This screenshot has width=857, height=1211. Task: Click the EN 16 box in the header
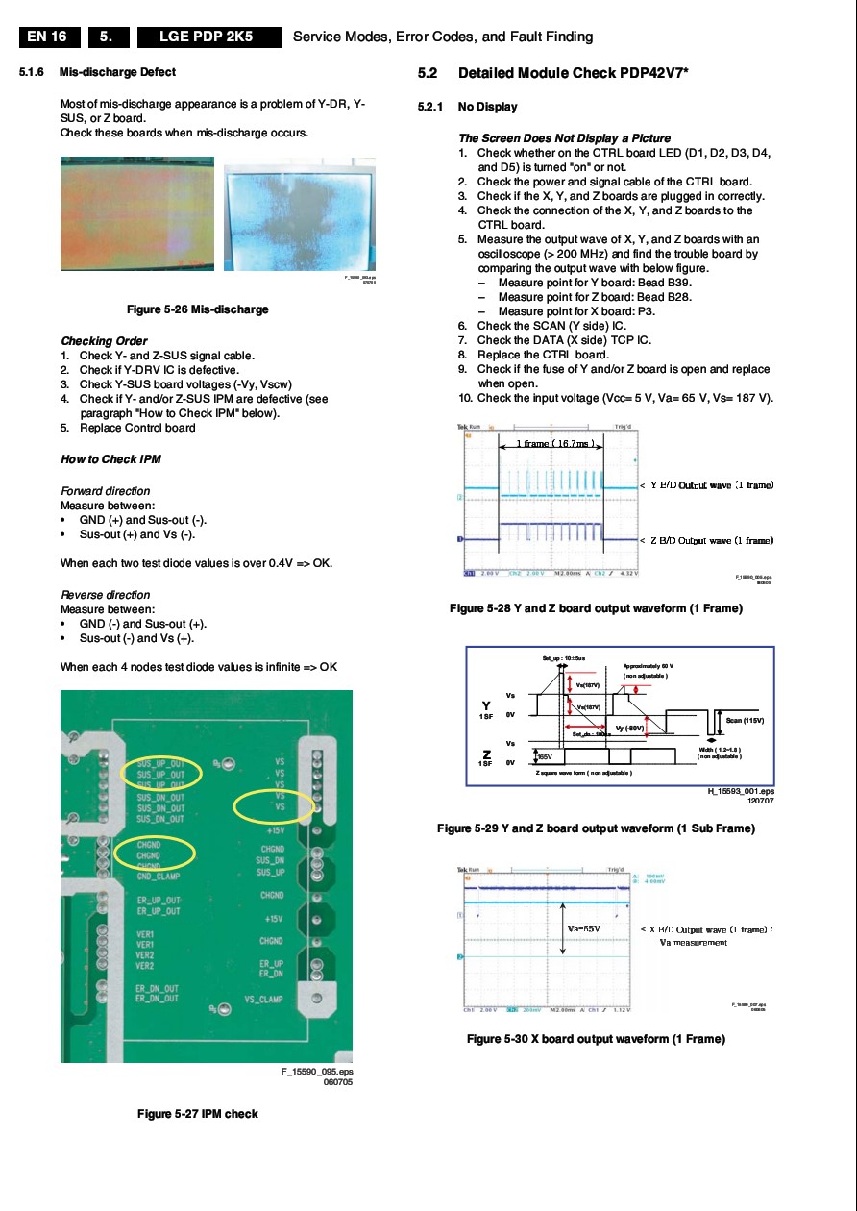coord(47,37)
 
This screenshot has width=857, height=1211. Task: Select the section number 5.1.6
coord(32,72)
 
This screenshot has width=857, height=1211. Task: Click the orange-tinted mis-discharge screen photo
coord(137,212)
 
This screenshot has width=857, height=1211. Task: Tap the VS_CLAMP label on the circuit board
coord(263,1001)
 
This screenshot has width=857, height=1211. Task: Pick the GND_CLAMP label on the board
coord(158,877)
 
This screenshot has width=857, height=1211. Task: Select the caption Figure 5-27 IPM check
coord(197,1114)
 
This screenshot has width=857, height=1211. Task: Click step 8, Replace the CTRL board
coord(543,355)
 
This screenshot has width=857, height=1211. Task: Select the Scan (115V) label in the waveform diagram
coord(746,720)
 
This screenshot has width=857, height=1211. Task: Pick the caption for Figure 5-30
coord(596,1039)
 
